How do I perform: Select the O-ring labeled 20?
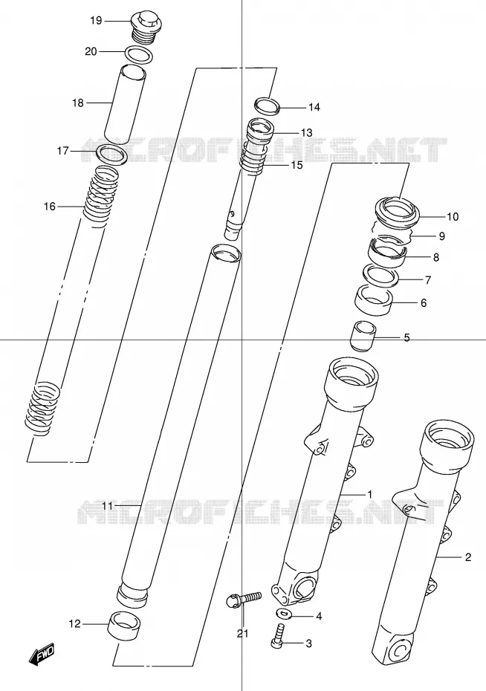pyautogui.click(x=139, y=54)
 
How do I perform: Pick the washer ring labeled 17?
pyautogui.click(x=112, y=155)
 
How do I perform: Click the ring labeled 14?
pyautogui.click(x=268, y=106)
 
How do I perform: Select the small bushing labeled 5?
pyautogui.click(x=362, y=337)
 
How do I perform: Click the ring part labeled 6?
pyautogui.click(x=374, y=301)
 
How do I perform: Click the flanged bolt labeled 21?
pyautogui.click(x=244, y=600)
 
